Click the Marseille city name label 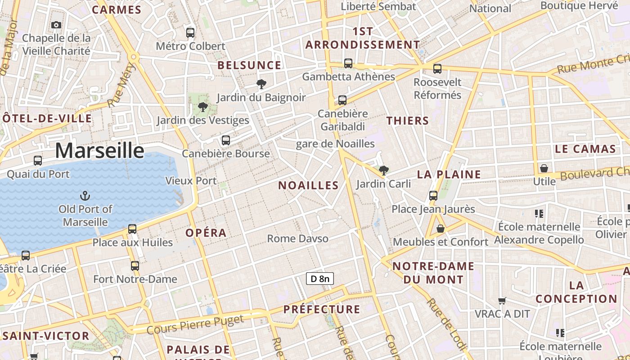[x=99, y=150]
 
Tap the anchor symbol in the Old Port [x=85, y=196]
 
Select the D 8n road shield [x=319, y=279]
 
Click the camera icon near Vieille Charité [x=56, y=25]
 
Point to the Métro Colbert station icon [x=190, y=32]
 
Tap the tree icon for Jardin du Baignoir [x=261, y=84]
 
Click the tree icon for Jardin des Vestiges [x=203, y=107]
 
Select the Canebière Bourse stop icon [x=226, y=140]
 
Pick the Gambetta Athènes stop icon [x=348, y=63]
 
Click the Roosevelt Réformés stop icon [x=437, y=69]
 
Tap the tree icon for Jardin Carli [x=383, y=170]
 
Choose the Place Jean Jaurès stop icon [x=433, y=195]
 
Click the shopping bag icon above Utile [x=544, y=168]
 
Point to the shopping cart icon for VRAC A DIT [x=502, y=300]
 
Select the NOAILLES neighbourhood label [x=308, y=185]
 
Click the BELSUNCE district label [x=249, y=65]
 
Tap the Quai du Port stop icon [x=38, y=160]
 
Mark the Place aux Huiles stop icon [x=132, y=229]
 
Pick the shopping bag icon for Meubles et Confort [x=441, y=229]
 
